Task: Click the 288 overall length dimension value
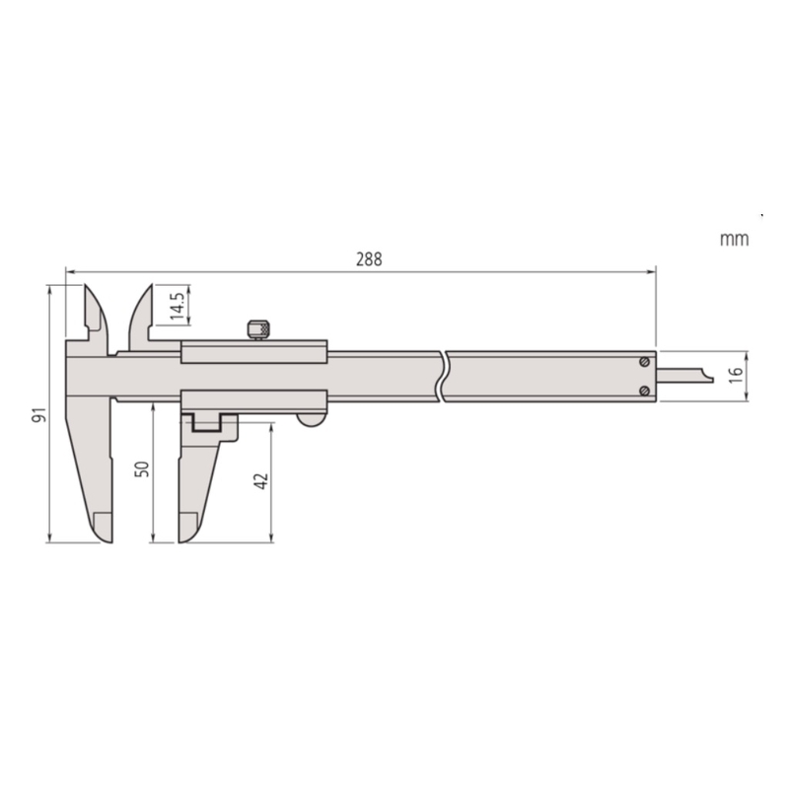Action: tap(369, 259)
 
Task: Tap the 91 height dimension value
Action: tap(39, 414)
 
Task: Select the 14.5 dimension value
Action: tap(178, 306)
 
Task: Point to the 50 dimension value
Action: tap(143, 469)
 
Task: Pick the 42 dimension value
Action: tap(261, 481)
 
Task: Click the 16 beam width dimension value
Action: tap(735, 375)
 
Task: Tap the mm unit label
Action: tap(734, 239)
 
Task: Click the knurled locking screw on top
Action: tap(259, 329)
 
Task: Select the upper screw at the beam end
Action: tap(644, 362)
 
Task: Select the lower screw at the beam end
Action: tap(644, 391)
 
